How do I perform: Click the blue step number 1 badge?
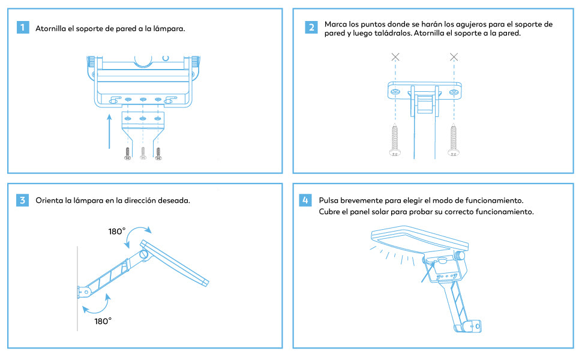pos(23,28)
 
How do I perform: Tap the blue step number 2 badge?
pos(311,27)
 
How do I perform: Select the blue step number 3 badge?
pos(23,200)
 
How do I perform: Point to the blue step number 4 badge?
pos(305,200)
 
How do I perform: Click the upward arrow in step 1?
pos(109,131)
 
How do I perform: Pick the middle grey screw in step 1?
pos(143,153)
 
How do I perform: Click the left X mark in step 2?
pos(395,57)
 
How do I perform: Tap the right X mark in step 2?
pos(454,57)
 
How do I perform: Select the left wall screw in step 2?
pos(395,140)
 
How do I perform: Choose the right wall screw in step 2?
pos(453,140)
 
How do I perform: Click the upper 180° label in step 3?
pos(117,232)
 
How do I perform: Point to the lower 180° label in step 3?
pos(103,322)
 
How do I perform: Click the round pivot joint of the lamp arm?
pos(143,254)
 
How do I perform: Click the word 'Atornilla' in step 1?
pos(50,29)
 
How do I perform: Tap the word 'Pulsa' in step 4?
pos(328,200)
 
